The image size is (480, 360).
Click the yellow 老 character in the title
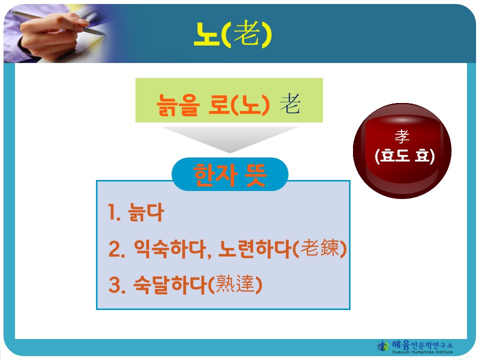coord(247,33)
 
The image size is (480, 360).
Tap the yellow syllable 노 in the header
coord(206,34)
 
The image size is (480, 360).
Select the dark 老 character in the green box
coord(290,103)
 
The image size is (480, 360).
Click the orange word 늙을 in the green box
coord(177,104)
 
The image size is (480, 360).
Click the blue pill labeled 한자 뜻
coord(230,174)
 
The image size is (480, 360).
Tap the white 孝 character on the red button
coord(402,136)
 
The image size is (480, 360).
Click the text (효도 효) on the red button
coord(404,155)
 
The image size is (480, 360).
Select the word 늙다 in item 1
coord(146,212)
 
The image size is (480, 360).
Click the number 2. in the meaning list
coord(116,249)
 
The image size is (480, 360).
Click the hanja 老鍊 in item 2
coord(320,247)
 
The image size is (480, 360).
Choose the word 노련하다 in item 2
coord(254,248)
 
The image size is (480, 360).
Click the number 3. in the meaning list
coord(117,285)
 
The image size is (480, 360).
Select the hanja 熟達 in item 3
coord(235,284)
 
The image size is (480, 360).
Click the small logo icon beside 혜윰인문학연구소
coord(382,345)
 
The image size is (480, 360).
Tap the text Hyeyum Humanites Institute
coord(422,352)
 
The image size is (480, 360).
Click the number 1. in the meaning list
coord(114,212)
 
